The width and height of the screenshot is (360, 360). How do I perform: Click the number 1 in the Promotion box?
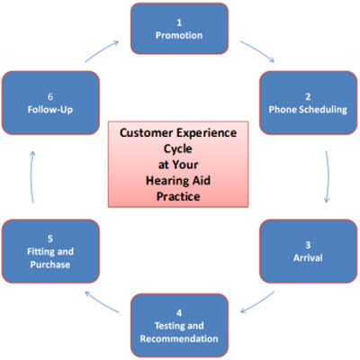[179, 22]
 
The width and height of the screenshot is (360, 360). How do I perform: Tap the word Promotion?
[179, 35]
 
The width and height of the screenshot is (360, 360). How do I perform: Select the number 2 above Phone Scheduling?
[308, 96]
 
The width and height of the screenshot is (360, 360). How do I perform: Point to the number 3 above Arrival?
[308, 245]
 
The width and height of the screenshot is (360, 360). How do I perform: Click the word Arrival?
[308, 258]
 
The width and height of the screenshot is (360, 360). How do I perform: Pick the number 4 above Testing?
[179, 313]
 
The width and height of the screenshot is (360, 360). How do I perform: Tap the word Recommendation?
[179, 338]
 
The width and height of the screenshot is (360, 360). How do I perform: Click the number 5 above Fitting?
[50, 238]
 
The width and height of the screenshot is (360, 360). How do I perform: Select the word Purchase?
[50, 265]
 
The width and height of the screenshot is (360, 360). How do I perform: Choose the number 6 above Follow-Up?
[50, 96]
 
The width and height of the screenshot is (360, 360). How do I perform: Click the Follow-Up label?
[50, 110]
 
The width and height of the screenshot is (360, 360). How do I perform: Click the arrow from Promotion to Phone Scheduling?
[258, 50]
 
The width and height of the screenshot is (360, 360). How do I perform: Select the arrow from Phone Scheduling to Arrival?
[328, 177]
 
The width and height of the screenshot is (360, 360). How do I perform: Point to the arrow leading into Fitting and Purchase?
[102, 301]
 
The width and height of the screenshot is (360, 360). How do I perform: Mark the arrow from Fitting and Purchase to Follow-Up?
[31, 177]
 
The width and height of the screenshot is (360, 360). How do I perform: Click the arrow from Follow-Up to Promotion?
[102, 51]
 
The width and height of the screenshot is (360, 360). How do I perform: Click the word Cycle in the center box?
[178, 149]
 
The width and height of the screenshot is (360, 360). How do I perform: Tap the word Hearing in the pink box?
[166, 181]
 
